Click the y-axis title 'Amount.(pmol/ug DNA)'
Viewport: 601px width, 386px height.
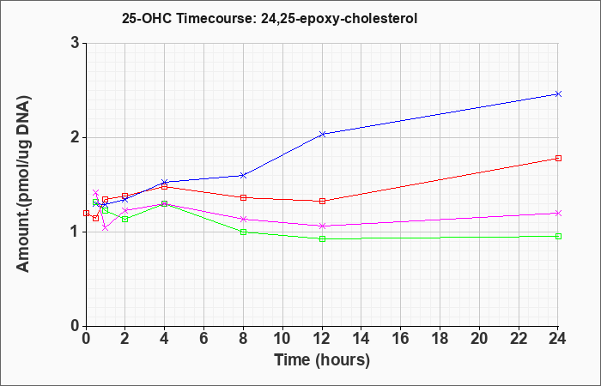point(24,184)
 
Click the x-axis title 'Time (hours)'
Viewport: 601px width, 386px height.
point(322,360)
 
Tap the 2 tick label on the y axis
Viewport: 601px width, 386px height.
point(75,137)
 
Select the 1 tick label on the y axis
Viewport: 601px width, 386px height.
point(76,232)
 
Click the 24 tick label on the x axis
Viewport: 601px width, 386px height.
point(557,338)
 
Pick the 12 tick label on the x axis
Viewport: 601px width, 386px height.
point(322,338)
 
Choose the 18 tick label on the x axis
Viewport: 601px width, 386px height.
point(440,338)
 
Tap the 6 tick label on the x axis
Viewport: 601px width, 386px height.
point(203,338)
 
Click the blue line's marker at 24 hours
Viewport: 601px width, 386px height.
point(558,93)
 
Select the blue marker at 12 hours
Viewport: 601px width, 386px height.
point(322,134)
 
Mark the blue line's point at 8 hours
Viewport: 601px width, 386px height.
point(243,175)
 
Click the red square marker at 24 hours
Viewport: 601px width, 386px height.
point(558,158)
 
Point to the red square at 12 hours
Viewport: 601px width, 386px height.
point(322,201)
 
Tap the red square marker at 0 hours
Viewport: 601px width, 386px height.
point(86,214)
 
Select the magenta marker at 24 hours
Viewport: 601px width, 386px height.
point(558,213)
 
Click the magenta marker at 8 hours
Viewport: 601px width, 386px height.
point(243,219)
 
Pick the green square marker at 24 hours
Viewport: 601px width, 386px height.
point(558,236)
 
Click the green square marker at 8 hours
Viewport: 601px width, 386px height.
point(243,232)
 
